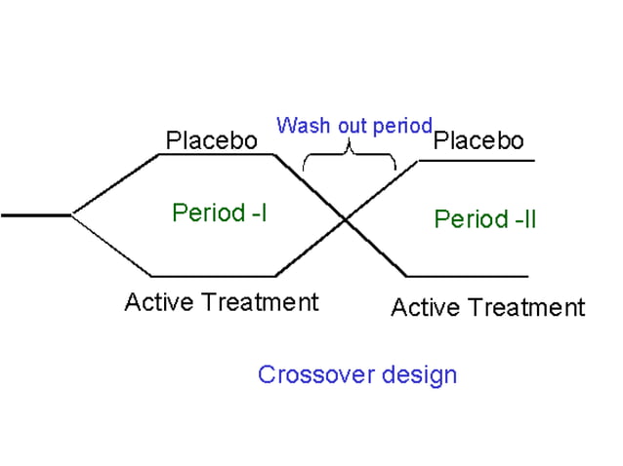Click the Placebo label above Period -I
click(211, 140)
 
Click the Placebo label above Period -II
click(478, 140)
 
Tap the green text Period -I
click(219, 213)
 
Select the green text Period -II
click(485, 218)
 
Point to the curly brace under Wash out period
click(349, 155)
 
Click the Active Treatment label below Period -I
click(221, 302)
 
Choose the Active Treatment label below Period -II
click(487, 308)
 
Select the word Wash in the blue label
click(298, 126)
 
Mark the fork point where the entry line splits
click(71, 214)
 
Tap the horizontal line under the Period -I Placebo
click(215, 154)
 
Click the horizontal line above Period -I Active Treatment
click(215, 276)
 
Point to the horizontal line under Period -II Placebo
click(478, 159)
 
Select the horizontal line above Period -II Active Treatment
click(469, 276)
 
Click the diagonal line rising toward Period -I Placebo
click(115, 183)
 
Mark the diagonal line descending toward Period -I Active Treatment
click(112, 247)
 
